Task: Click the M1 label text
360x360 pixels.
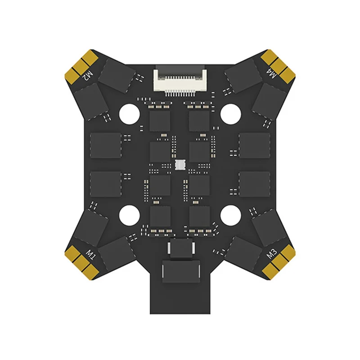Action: (92, 257)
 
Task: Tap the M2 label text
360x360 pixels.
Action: (88, 74)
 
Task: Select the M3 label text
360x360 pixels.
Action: (271, 255)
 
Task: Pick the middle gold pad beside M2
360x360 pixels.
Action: (81, 66)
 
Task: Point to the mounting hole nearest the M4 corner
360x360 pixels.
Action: (230, 112)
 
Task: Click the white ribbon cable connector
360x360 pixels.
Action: (180, 80)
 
